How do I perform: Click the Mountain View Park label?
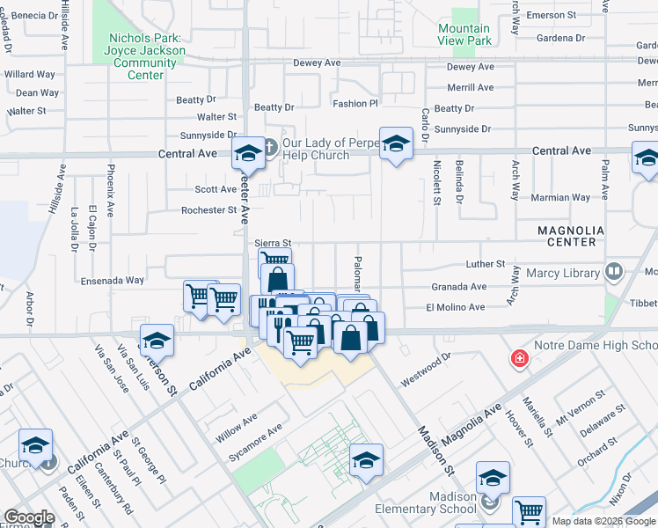click(464, 34)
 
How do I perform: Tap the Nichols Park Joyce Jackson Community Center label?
click(146, 56)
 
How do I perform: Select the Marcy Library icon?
click(613, 272)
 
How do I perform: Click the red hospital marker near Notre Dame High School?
click(520, 359)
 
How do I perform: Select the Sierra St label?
click(272, 243)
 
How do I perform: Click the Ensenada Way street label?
click(111, 281)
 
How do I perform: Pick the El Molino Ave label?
click(455, 308)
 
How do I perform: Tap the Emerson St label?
click(550, 15)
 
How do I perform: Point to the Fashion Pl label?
click(355, 104)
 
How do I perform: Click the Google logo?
click(29, 517)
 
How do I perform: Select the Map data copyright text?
click(603, 521)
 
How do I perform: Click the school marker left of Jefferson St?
click(157, 340)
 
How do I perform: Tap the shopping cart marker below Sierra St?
click(274, 260)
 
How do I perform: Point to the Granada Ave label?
click(458, 287)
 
